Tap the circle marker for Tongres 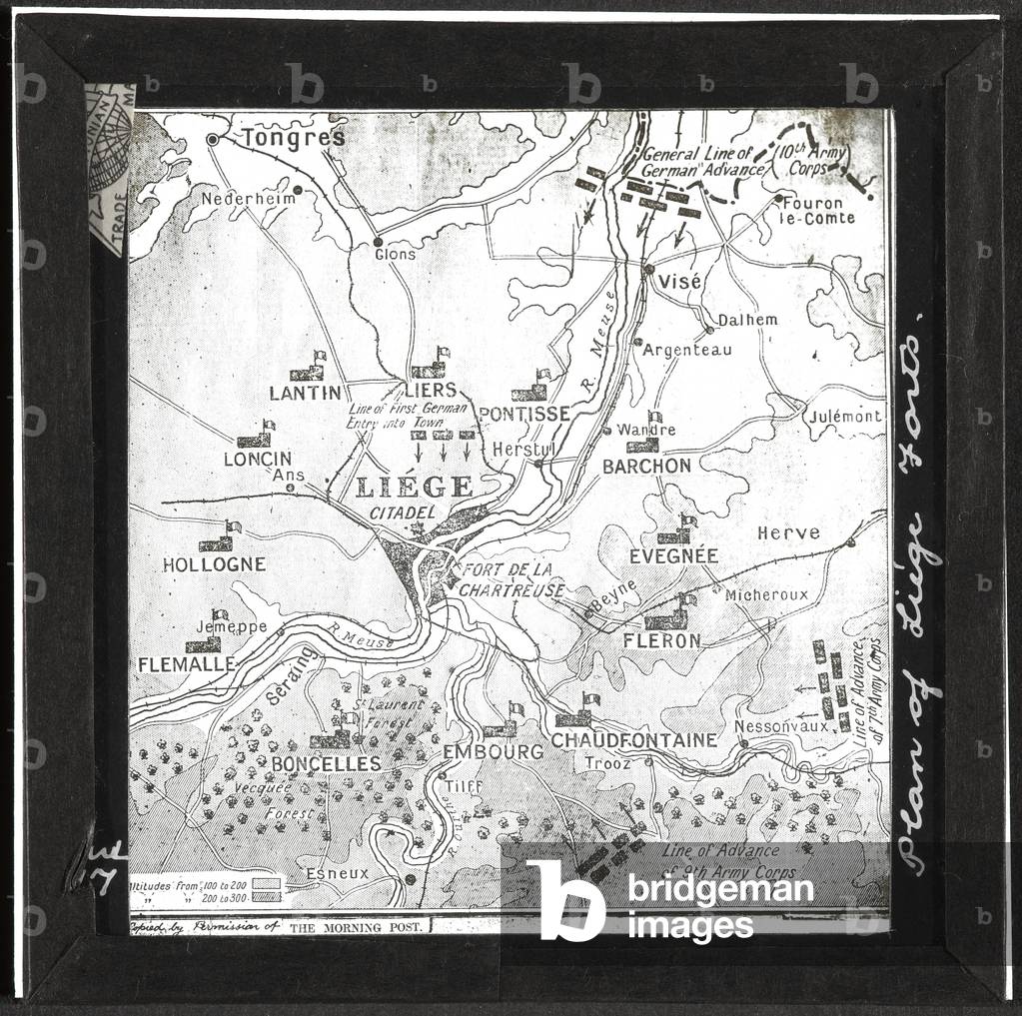point(213,140)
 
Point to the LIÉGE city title point(414,488)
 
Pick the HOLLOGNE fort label point(214,564)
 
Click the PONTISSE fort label point(524,414)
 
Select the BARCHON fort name point(646,466)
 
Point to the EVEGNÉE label point(674,555)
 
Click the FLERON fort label point(661,639)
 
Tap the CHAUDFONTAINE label point(634,740)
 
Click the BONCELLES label point(312,764)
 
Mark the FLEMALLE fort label point(186,664)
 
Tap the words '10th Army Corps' point(813,160)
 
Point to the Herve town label point(788,532)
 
